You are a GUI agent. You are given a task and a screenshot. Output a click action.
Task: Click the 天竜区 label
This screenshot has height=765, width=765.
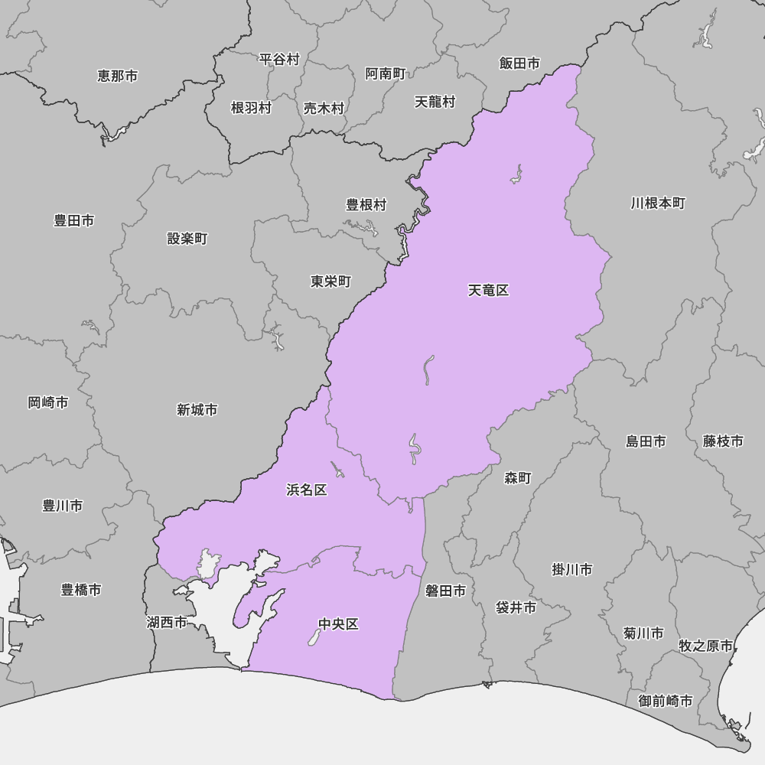pyautogui.click(x=488, y=291)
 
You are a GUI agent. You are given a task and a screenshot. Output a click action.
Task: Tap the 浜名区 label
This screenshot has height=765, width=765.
pyautogui.click(x=306, y=490)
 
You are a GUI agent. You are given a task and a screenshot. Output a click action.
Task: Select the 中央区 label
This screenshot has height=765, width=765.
pyautogui.click(x=338, y=624)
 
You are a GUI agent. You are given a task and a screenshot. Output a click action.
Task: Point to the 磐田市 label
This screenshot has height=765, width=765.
pyautogui.click(x=445, y=591)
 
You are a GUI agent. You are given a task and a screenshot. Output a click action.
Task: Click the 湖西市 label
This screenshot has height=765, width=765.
pyautogui.click(x=167, y=623)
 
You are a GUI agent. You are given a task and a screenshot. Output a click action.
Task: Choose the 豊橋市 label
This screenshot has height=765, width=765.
pyautogui.click(x=81, y=590)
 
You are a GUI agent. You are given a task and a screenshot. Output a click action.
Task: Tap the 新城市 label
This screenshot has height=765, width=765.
pyautogui.click(x=197, y=410)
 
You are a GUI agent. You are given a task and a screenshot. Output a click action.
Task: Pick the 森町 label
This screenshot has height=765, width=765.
pyautogui.click(x=518, y=478)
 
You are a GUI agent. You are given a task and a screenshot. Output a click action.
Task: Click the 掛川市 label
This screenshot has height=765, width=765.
pyautogui.click(x=572, y=570)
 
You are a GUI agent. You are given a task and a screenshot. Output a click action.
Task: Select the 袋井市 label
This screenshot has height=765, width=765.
pyautogui.click(x=516, y=607)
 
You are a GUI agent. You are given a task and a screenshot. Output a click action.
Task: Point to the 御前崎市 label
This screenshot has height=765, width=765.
pyautogui.click(x=666, y=701)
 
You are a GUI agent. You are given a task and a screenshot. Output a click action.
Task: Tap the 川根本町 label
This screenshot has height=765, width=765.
pyautogui.click(x=658, y=203)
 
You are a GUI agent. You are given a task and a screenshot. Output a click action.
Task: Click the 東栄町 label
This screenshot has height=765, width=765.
pyautogui.click(x=330, y=282)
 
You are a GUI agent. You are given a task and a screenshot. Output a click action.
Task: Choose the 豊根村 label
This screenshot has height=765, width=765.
pyautogui.click(x=366, y=205)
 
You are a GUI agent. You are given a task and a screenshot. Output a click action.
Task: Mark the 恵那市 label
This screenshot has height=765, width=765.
pyautogui.click(x=118, y=76)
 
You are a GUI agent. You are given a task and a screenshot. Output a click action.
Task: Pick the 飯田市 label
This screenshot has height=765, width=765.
pyautogui.click(x=519, y=63)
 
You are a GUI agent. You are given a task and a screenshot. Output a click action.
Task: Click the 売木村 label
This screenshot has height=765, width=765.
pyautogui.click(x=324, y=109)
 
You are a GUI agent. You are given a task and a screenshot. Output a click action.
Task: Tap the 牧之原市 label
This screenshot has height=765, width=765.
pyautogui.click(x=705, y=646)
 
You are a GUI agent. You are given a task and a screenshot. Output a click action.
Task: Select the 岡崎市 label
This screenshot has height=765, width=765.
pyautogui.click(x=48, y=402)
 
